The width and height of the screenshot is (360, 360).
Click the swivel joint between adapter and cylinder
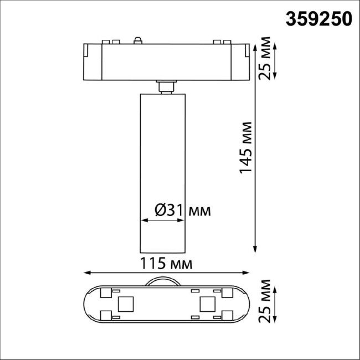164,87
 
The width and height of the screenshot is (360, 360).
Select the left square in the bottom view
126,303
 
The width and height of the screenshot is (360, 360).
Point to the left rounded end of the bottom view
88,303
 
